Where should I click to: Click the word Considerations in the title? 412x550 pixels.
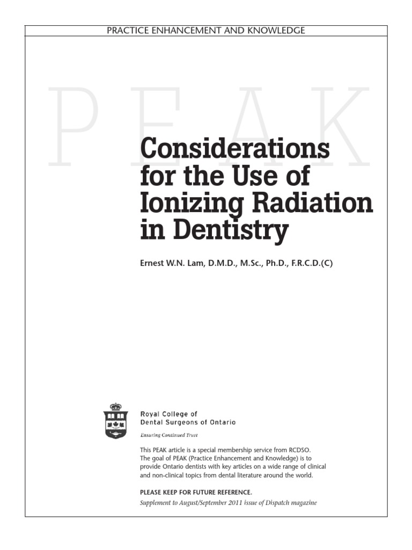click(x=235, y=148)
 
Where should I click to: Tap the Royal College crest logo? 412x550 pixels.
click(x=115, y=421)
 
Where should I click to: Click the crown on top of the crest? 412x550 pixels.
click(x=115, y=407)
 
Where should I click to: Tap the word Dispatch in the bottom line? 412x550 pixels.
click(x=273, y=503)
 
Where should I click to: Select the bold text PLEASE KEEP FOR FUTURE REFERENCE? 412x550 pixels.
click(x=195, y=492)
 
